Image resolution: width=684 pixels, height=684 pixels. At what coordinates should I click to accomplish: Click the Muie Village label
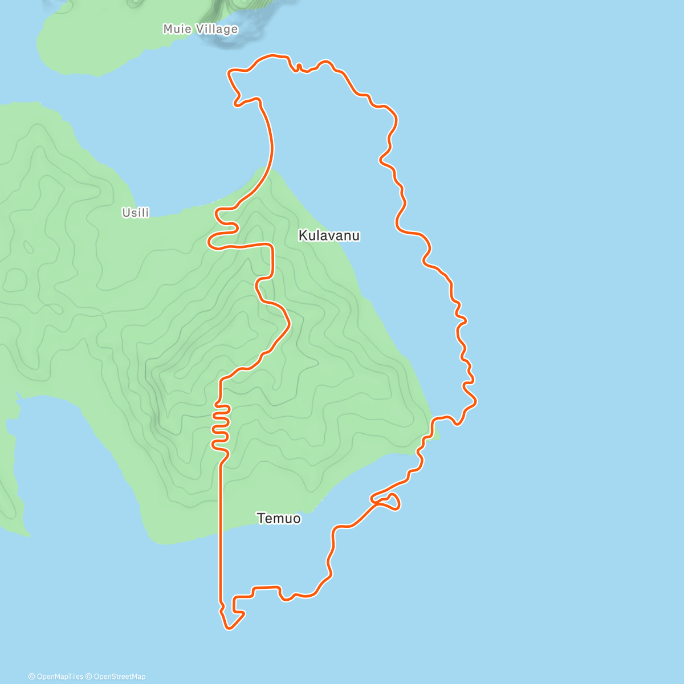(200, 29)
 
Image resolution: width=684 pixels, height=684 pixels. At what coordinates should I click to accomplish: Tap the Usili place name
(136, 213)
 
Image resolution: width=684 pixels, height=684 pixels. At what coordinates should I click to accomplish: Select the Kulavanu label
(329, 235)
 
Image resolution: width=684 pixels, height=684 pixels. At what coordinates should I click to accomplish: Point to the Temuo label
(279, 519)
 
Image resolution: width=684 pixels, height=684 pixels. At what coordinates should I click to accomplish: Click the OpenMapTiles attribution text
(56, 677)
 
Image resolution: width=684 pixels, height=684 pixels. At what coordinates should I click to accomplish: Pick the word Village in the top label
(219, 29)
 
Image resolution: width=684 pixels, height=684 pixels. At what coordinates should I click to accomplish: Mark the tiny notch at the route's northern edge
(299, 67)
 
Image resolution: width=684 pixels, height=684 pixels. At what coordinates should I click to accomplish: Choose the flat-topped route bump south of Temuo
(266, 587)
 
